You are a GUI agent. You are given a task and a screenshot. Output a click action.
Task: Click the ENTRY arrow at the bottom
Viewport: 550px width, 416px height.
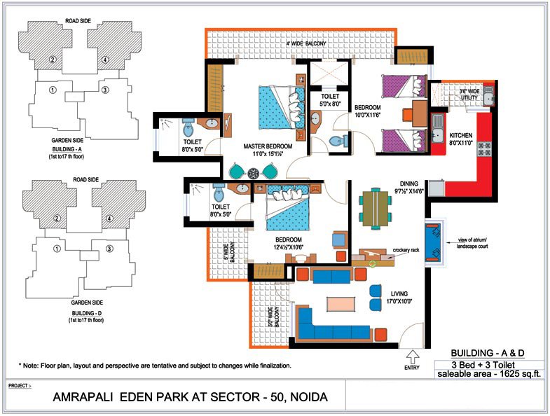(x=412, y=356)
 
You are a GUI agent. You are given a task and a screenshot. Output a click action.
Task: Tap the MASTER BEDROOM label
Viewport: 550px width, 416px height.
(x=268, y=146)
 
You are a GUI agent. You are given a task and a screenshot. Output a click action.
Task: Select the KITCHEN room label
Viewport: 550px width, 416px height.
(x=461, y=135)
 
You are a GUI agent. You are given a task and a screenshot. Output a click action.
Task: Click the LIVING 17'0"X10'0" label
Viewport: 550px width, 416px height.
(x=399, y=297)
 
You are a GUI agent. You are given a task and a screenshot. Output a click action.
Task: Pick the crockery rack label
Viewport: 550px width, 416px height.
(x=406, y=250)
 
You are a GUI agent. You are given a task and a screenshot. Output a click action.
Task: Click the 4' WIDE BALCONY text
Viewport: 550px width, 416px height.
(x=306, y=43)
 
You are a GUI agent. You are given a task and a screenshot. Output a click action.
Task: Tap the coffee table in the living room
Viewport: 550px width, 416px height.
(x=341, y=304)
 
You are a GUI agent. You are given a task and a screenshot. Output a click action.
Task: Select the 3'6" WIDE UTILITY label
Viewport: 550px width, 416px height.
(x=469, y=95)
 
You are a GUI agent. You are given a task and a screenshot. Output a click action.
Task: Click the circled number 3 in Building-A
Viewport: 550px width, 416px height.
(x=104, y=90)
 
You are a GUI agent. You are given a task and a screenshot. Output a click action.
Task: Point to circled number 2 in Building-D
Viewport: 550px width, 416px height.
(x=57, y=219)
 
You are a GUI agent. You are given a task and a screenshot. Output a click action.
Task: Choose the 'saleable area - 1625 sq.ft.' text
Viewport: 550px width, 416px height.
(x=489, y=374)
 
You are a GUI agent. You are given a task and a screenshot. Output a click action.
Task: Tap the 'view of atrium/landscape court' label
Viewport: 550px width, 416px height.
(x=472, y=243)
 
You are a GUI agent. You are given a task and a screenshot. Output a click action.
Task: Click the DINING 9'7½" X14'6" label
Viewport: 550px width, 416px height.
(x=409, y=187)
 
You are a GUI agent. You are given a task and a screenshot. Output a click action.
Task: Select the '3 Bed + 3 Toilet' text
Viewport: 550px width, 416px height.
(x=483, y=365)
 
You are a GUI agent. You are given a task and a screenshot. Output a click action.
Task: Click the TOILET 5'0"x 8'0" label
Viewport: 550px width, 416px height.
(x=330, y=100)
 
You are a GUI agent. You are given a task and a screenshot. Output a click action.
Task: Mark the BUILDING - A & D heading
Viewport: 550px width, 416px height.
(x=488, y=353)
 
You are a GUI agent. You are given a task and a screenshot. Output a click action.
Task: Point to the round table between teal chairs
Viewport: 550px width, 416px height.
(x=253, y=172)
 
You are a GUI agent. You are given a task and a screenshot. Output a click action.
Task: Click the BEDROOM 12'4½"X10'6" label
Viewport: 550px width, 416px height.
(x=289, y=244)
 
